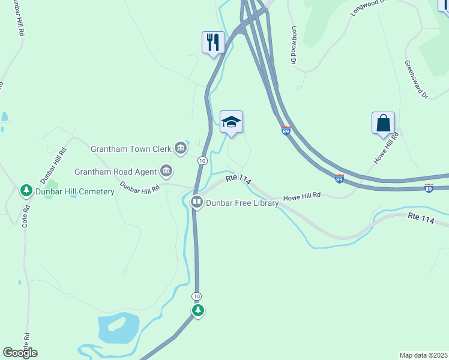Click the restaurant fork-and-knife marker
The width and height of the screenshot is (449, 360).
(213, 43)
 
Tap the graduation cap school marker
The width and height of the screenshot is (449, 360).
(231, 122)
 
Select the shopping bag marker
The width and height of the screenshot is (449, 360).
(383, 123)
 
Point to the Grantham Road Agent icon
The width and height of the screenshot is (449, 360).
(166, 171)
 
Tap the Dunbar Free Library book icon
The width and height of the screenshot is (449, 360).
(196, 202)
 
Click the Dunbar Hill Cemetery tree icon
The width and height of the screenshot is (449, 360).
(26, 191)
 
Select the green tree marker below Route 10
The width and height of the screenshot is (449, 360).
(198, 310)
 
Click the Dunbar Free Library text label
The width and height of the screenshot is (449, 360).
(243, 203)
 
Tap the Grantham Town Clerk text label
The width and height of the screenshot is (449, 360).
(131, 148)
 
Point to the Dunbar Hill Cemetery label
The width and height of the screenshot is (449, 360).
(75, 191)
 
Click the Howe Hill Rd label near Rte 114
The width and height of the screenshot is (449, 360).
(302, 196)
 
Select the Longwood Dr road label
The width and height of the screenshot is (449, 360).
(294, 45)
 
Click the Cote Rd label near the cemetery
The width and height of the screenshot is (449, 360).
(26, 217)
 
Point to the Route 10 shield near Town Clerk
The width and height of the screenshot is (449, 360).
(202, 161)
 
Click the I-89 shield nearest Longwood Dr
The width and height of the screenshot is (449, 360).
(286, 130)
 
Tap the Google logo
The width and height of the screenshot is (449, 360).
(20, 353)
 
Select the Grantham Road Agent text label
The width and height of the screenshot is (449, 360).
(115, 172)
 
